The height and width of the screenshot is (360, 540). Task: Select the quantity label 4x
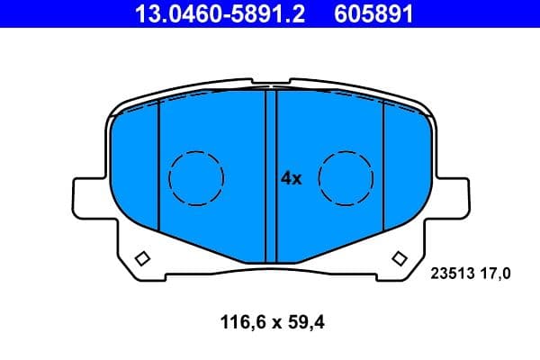pos(291,178)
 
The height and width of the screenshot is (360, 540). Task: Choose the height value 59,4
pos(302,319)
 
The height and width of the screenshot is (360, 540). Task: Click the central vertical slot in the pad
pos(271,175)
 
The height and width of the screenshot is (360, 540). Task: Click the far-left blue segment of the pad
pos(136,171)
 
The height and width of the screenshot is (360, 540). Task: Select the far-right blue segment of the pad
pos(405,171)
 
